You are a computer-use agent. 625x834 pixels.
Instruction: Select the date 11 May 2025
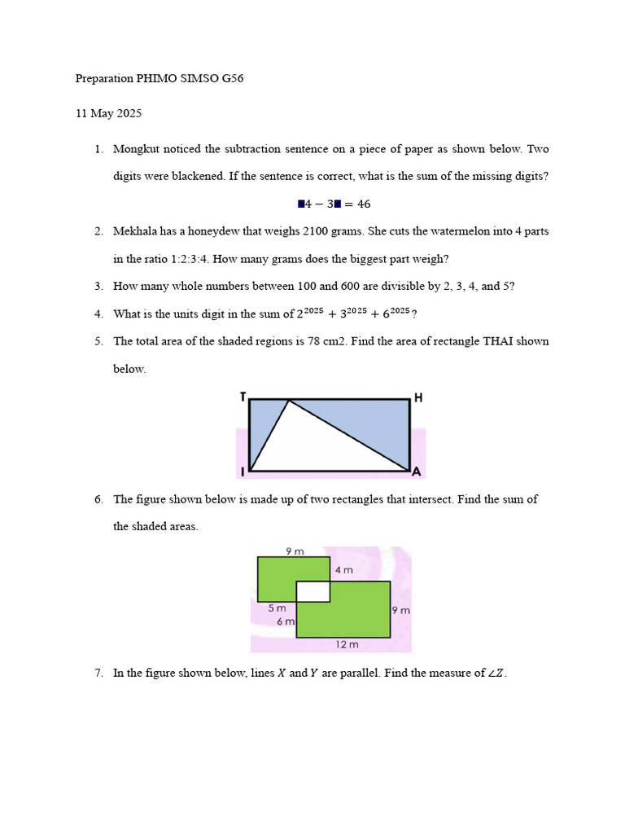(x=108, y=113)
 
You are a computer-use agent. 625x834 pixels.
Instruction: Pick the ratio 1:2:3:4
(x=173, y=259)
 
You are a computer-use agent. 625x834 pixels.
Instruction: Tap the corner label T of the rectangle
(x=243, y=397)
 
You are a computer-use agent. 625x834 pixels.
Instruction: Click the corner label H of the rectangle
(x=418, y=397)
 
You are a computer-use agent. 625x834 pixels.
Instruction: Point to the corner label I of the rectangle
(x=243, y=472)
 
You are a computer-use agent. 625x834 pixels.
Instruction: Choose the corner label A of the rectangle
(x=416, y=472)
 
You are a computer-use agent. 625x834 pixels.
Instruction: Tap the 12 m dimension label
(x=347, y=644)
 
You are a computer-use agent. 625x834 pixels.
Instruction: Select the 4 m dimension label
(x=343, y=570)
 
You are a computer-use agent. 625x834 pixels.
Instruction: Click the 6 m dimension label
(x=285, y=621)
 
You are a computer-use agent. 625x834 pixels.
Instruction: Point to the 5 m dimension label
(x=277, y=608)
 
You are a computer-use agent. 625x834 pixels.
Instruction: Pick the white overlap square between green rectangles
(x=312, y=591)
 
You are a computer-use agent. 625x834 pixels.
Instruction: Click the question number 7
(x=98, y=673)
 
